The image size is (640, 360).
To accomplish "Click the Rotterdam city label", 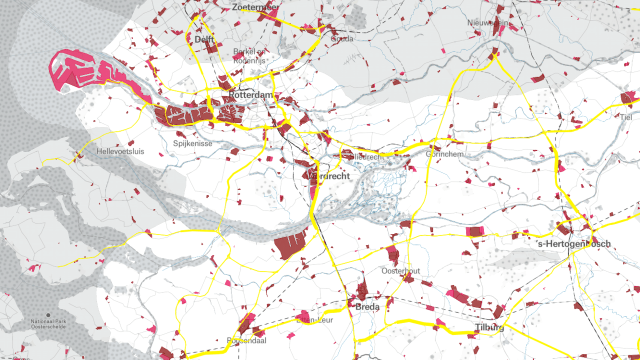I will point(251,95).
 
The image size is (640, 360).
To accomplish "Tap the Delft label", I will point(204,39).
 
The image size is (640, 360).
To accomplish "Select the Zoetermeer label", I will point(255,7).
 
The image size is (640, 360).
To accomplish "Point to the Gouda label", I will point(342,38).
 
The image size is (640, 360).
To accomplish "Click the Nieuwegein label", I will point(488,23).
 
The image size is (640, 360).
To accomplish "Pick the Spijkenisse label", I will point(192,143).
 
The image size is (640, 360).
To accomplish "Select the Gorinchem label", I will point(444,154).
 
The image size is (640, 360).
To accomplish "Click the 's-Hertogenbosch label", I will point(573,244).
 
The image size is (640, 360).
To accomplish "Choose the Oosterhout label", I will point(400,271).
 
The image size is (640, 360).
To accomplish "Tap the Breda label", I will point(367,306).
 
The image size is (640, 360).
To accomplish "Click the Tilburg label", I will point(489,328).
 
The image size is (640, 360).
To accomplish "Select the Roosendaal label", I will point(246,340).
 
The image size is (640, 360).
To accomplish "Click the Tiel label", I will point(626,117).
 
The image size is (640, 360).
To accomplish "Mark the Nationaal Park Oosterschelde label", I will point(48,324).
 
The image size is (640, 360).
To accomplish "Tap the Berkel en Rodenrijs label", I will point(250,56).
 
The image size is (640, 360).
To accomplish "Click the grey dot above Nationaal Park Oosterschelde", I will point(48,315).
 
